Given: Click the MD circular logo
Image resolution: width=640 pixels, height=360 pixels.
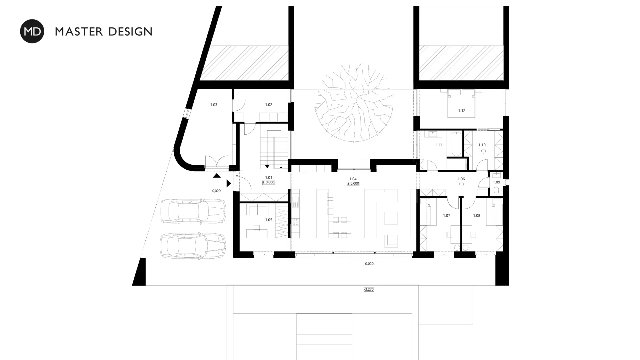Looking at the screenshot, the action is tap(32, 31).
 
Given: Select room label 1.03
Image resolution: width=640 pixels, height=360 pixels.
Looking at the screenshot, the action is tap(214, 105).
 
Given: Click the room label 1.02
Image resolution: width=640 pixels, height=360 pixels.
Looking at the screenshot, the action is tap(269, 105).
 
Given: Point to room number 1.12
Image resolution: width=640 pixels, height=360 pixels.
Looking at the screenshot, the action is tap(462, 111).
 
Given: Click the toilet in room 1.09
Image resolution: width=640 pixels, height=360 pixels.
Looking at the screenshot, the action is tap(497, 190).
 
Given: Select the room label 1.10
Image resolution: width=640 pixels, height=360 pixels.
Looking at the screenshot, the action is tap(482, 145).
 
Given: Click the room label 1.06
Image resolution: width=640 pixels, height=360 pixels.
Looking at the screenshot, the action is tap(461, 179).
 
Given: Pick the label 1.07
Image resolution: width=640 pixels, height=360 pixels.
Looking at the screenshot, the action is tap(447, 216).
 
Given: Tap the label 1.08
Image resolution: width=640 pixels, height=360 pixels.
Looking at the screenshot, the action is tap(477, 216).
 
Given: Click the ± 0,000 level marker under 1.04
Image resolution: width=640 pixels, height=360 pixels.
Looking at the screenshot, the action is tap(353, 184).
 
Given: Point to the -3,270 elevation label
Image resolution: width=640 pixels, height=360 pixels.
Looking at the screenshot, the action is tap(369, 289).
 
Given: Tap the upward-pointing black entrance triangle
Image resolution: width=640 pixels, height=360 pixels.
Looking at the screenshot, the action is tap(217, 176).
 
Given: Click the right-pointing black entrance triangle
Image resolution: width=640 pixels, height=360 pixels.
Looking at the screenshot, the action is tap(229, 183).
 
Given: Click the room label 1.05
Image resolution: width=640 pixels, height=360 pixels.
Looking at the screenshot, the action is tap(269, 220).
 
